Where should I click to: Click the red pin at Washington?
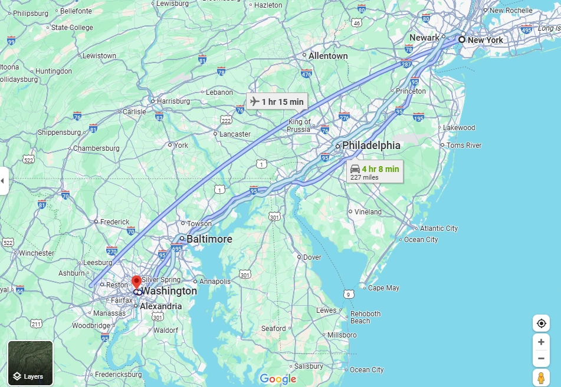coord(136,282)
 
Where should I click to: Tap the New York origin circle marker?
coord(462,39)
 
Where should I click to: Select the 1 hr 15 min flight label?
coord(277,101)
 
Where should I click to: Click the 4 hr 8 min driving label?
coord(374,171)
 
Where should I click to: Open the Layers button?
coord(30,363)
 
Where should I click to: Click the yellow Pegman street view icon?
coord(540,378)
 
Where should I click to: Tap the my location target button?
coord(540,323)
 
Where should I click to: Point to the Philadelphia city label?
coord(371,145)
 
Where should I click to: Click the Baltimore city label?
coord(209,239)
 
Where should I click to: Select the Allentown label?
coord(328,56)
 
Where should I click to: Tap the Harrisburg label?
coord(173,101)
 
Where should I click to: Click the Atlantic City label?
coord(439,229)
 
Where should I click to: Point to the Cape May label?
coord(383,288)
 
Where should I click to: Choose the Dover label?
coord(312,257)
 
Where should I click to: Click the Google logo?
coord(278,379)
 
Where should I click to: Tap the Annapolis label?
coord(215,282)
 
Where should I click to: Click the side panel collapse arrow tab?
coord(3,181)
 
